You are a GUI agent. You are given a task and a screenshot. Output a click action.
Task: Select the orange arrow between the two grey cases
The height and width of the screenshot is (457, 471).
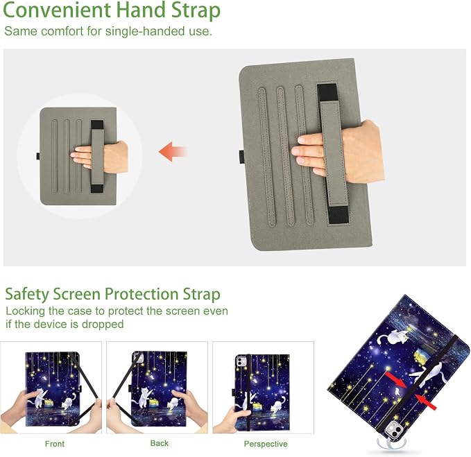173,151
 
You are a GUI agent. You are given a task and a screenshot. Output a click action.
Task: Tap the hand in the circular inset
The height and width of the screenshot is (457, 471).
99,155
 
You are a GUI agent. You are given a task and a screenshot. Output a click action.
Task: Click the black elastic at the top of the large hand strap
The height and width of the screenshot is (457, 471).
327,92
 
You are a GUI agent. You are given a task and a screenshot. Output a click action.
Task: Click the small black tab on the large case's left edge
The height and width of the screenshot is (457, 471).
242,157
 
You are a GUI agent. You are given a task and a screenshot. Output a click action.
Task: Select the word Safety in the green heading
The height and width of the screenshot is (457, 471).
27,294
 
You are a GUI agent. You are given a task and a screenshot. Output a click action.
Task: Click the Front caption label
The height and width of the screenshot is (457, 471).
54,444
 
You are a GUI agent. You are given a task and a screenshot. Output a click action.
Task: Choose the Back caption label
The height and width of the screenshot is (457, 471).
160,443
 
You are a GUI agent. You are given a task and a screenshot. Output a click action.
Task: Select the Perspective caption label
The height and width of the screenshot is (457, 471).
266,444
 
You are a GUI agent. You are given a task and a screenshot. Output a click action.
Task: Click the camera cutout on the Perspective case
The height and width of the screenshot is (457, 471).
241,361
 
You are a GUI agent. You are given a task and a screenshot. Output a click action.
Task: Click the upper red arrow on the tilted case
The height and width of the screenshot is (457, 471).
397,380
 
